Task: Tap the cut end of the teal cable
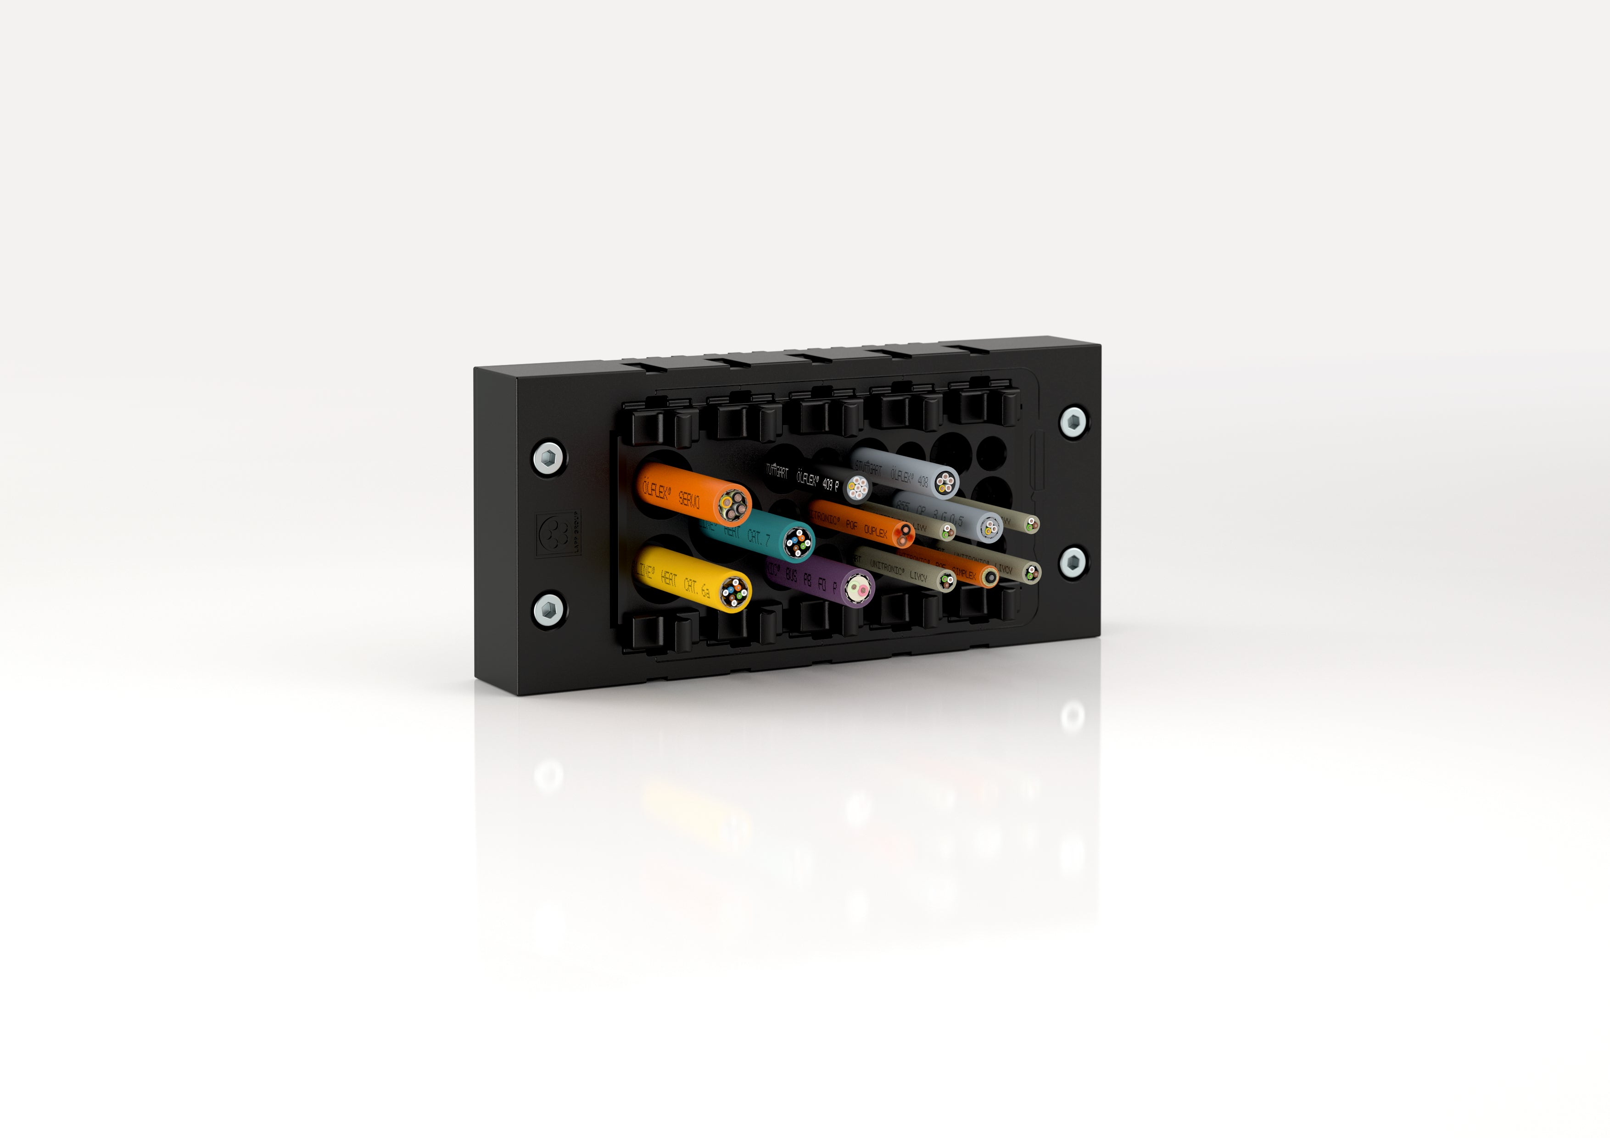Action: click(x=797, y=542)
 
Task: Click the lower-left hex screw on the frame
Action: click(x=548, y=609)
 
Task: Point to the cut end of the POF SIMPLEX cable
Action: click(x=989, y=577)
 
